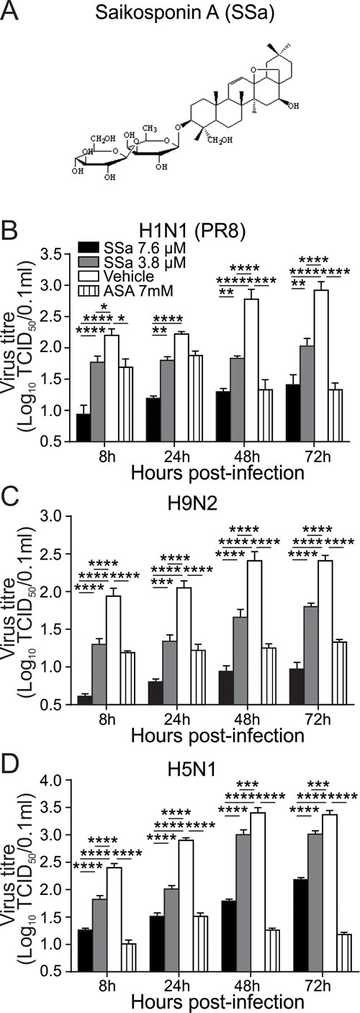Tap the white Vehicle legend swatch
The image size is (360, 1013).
88,276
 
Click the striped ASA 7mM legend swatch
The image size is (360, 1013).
88,290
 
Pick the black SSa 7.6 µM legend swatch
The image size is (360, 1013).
88,248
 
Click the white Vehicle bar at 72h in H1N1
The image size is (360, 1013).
321,366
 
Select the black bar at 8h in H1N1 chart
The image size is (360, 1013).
84,428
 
